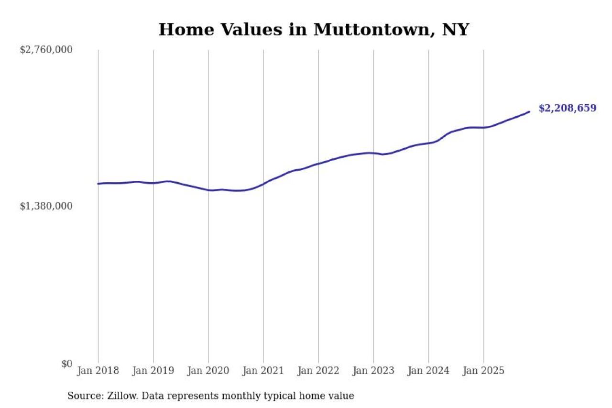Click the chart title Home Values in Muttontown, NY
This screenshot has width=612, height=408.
pos(314,30)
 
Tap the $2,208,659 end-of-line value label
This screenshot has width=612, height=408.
pos(567,108)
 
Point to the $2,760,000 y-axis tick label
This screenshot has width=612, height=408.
pos(46,50)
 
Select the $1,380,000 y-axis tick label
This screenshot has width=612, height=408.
pos(46,206)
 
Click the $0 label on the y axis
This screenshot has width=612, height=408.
pos(66,364)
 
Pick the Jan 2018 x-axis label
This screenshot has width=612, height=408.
pos(98,371)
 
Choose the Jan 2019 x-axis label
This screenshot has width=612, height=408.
pos(153,371)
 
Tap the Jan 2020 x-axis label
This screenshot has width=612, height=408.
pos(208,371)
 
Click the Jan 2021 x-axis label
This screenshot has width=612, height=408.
pos(263,371)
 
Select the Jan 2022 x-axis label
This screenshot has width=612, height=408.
pos(318,371)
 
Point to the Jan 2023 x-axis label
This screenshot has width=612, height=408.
pos(373,371)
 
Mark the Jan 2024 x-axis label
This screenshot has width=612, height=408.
pos(428,371)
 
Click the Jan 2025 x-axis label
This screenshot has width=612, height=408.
pos(483,371)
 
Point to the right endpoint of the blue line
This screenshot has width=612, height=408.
pos(529,111)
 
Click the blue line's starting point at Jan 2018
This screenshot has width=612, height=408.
pos(98,184)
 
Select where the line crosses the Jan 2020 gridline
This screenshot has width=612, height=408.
pos(208,190)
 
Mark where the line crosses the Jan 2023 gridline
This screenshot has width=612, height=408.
pos(373,153)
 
